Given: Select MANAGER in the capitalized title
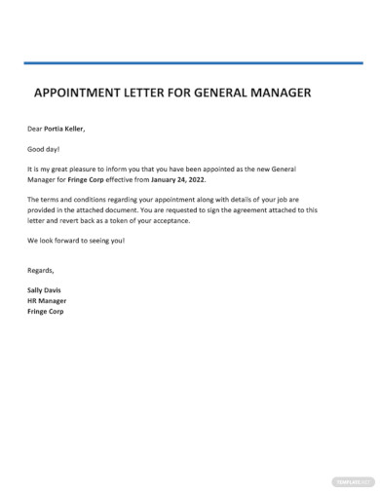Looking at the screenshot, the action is coord(277,95).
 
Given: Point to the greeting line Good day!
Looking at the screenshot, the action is coord(43,148).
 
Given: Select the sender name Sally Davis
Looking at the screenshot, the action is coord(47,290).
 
